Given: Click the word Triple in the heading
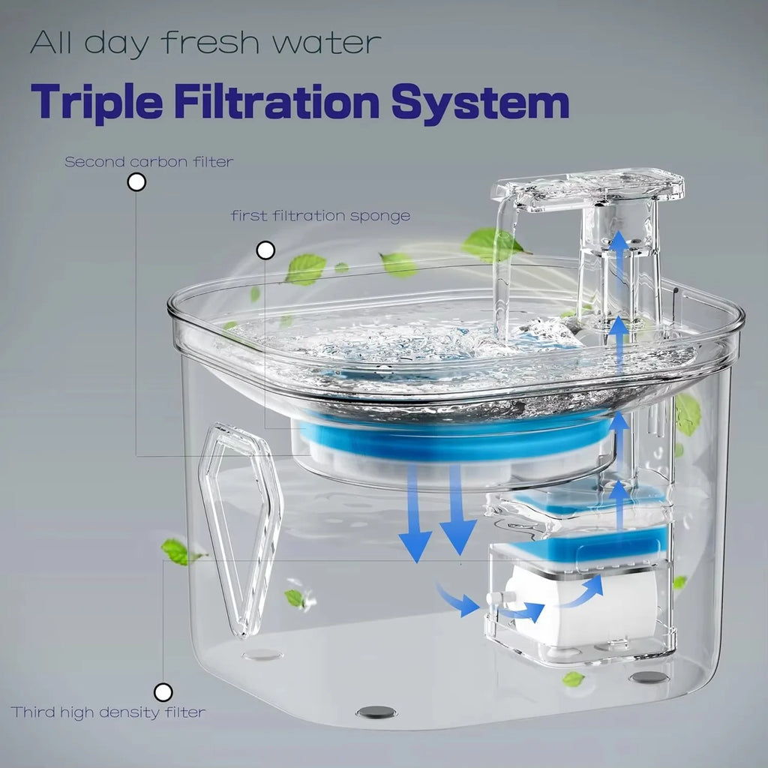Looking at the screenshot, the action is (x=97, y=102).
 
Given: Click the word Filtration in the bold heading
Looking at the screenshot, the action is (x=277, y=101).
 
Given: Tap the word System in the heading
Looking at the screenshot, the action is (x=480, y=103).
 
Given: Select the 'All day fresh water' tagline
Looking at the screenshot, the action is (x=205, y=43).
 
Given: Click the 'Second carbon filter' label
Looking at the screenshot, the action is (x=149, y=162).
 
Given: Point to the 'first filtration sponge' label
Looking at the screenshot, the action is (x=320, y=216).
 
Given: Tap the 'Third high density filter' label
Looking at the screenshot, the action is (x=108, y=712).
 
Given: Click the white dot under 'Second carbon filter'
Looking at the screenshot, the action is (x=136, y=182).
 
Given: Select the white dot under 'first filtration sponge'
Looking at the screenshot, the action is (x=265, y=250).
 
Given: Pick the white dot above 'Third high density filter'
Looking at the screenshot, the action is (x=163, y=692).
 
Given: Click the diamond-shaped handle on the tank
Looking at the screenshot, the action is (x=241, y=529).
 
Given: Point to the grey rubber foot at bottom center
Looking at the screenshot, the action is (x=376, y=712).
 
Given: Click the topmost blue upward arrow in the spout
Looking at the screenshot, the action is (x=619, y=247).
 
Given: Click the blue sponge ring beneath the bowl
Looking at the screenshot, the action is (x=455, y=438).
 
